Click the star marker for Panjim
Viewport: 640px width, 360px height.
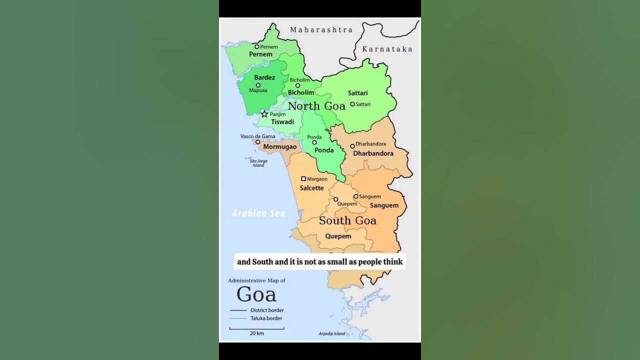tap(264, 114)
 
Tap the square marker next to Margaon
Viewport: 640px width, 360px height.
tap(303, 178)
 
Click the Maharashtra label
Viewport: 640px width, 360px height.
tap(321, 30)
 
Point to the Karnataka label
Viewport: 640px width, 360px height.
tap(387, 49)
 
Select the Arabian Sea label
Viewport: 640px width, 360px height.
tap(258, 213)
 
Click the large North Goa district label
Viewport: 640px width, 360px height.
tap(316, 106)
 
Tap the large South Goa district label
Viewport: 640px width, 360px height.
tap(347, 220)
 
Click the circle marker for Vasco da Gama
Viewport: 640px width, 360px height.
tap(258, 142)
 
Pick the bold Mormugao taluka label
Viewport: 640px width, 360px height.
tap(280, 147)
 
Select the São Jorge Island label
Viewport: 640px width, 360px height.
tap(258, 163)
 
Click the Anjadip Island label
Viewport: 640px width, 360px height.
tap(332, 333)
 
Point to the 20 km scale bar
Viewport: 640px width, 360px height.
tap(257, 328)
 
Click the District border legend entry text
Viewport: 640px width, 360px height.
tap(267, 310)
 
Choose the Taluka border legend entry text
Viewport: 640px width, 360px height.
tap(266, 318)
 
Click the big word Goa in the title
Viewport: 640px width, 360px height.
tap(256, 294)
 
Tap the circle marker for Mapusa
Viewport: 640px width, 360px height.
tap(258, 85)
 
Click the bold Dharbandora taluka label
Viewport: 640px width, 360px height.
tap(373, 153)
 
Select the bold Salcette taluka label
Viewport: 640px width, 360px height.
tap(311, 188)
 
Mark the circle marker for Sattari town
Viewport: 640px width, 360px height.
tap(352, 104)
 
